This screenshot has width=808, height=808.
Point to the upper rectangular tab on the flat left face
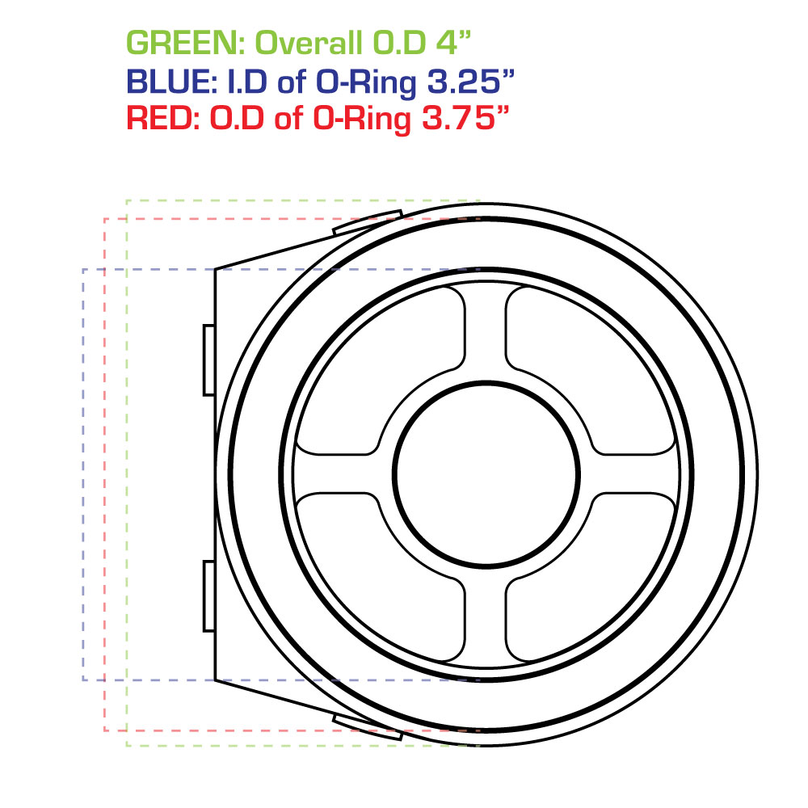click(x=208, y=360)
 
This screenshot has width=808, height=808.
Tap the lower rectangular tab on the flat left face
click(x=208, y=595)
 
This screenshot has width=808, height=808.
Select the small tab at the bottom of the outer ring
click(x=368, y=722)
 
